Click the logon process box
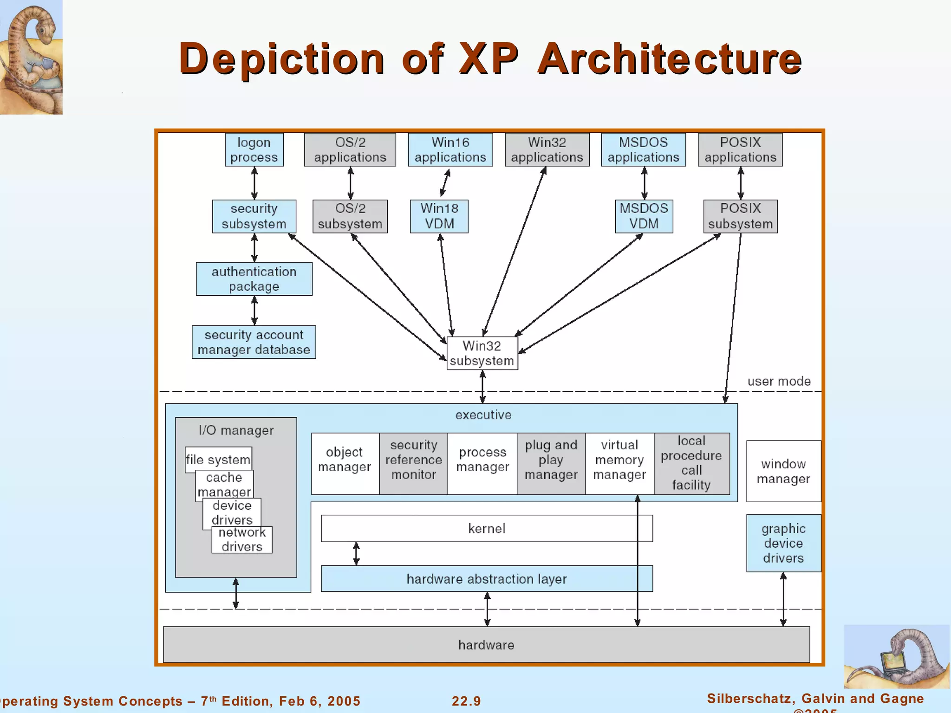254,149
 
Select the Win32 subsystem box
482,353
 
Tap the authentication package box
254,279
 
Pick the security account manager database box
254,342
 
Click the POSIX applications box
740,149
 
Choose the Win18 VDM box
439,216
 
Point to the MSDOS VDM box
644,216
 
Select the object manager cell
345,460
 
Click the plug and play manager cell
551,460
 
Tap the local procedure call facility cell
691,463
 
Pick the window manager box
783,471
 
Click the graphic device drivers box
783,543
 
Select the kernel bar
487,528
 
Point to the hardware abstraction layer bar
487,579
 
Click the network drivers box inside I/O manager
242,540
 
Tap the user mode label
779,382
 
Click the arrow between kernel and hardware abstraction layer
356,553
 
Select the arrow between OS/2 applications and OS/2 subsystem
351,183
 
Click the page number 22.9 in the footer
466,701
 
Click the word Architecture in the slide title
669,59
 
